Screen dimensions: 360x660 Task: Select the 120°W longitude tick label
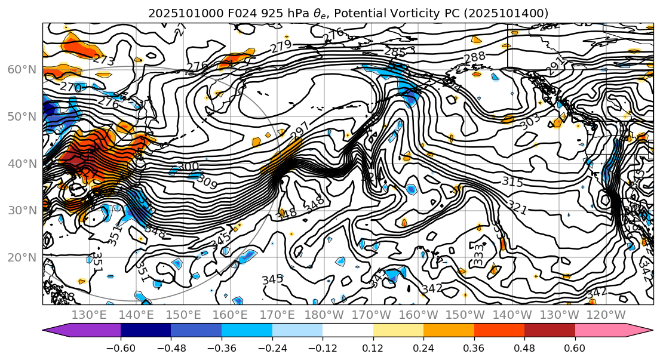tap(607, 315)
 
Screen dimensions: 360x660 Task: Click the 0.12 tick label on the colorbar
tap(373, 347)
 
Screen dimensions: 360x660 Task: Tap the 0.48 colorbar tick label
tap(524, 347)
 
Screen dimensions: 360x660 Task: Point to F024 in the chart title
tap(218, 13)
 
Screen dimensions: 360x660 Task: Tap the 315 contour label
tap(512, 181)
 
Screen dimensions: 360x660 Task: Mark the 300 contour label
tap(188, 166)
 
